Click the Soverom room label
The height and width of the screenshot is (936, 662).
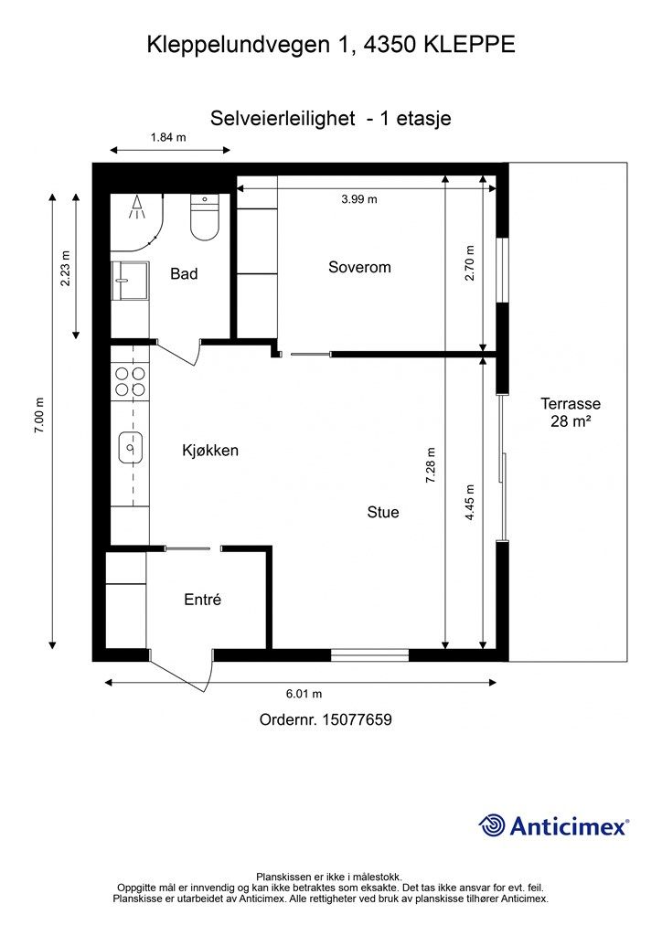[x=359, y=267]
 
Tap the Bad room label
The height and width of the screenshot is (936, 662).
[x=184, y=273]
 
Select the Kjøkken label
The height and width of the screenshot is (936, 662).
[x=210, y=450]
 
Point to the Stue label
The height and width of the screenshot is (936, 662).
[x=382, y=512]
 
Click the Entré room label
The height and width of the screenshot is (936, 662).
[x=202, y=600]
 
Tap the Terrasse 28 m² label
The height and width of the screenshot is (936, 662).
[x=571, y=412]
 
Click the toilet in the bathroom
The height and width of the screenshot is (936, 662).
[x=205, y=218]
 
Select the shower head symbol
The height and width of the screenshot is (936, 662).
[x=138, y=207]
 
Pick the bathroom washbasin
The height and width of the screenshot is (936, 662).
[x=130, y=280]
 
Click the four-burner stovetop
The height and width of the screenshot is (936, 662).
[x=130, y=381]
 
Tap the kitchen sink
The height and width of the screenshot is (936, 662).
[x=130, y=447]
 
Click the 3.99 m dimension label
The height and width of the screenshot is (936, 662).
[x=359, y=199]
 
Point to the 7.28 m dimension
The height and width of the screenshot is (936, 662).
[x=431, y=465]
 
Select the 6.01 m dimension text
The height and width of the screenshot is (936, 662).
[x=304, y=694]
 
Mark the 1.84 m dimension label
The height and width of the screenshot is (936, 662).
[x=168, y=137]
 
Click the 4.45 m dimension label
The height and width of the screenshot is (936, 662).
[x=470, y=502]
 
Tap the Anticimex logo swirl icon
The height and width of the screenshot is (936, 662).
[x=491, y=825]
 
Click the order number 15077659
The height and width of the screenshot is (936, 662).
[x=357, y=719]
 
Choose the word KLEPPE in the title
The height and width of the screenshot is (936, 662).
[x=469, y=45]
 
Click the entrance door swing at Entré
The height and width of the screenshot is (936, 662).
[x=182, y=672]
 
